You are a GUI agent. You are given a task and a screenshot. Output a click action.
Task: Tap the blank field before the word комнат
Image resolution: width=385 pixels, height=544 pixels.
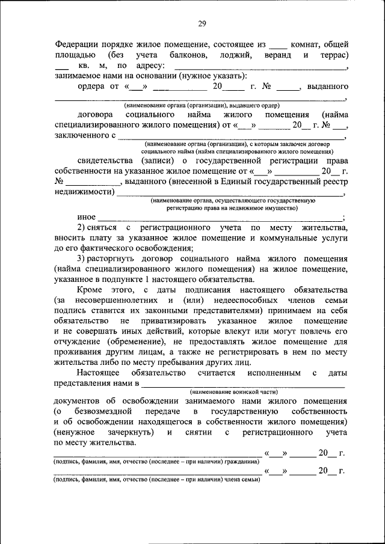coord(278,45)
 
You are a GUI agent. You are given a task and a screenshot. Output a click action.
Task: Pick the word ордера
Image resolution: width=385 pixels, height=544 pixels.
coord(91,86)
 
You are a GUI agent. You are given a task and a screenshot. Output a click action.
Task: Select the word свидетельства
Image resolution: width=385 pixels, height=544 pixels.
coord(105,161)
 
